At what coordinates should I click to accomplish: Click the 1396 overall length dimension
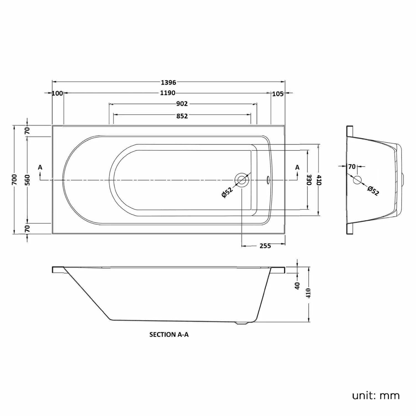(x=168, y=82)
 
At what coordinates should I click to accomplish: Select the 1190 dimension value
(x=168, y=93)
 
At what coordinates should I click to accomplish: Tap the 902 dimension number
(x=182, y=104)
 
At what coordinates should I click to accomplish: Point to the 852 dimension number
(x=182, y=116)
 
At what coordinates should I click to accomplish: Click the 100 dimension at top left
(x=57, y=93)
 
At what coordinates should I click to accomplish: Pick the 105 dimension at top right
(x=278, y=94)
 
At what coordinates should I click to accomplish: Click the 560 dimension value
(x=27, y=180)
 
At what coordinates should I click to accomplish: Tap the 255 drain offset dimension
(x=265, y=246)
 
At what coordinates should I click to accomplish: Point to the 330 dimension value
(x=310, y=180)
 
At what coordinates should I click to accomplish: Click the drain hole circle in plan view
(x=242, y=180)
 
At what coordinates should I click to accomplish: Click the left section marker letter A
(x=40, y=168)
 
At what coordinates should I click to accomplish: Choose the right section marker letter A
(x=297, y=168)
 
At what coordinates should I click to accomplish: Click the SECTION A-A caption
(x=169, y=335)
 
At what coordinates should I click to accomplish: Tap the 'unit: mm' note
(x=376, y=395)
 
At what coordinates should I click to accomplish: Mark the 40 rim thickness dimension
(x=297, y=286)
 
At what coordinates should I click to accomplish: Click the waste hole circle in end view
(x=357, y=180)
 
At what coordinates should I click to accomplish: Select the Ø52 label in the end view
(x=373, y=191)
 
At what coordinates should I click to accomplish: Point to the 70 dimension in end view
(x=352, y=167)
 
